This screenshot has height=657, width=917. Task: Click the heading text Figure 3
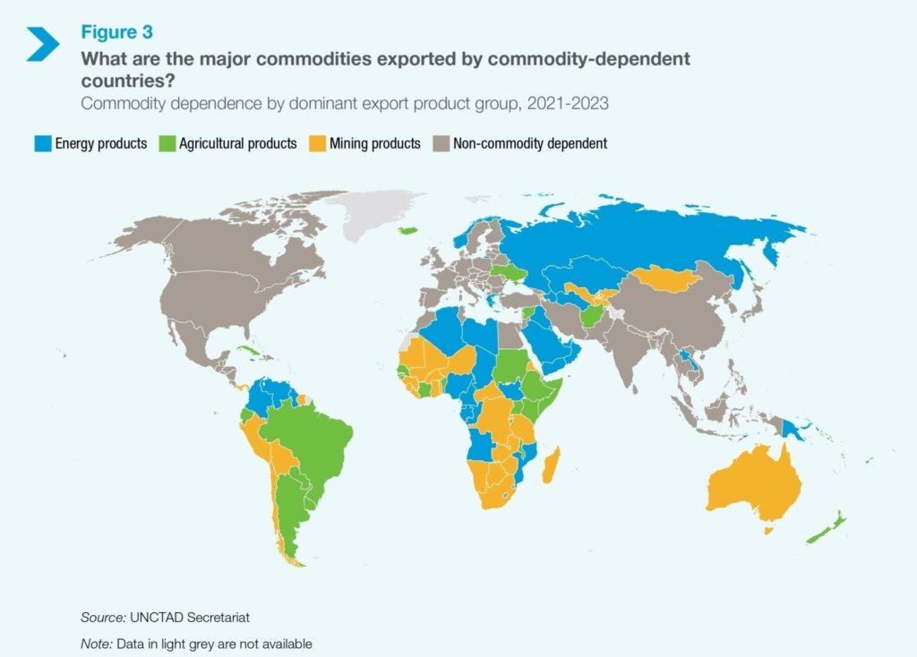(x=116, y=32)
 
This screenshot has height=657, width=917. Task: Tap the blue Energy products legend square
(x=41, y=143)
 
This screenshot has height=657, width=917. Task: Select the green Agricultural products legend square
(x=165, y=143)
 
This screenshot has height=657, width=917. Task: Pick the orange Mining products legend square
(x=315, y=143)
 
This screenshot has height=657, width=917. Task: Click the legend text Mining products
(x=373, y=143)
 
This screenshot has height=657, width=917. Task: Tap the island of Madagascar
(x=552, y=466)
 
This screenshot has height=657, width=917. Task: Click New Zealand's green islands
(x=828, y=528)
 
